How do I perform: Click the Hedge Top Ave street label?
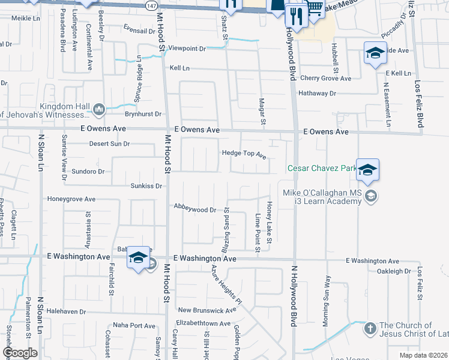tap(244, 154)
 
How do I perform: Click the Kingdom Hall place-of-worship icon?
tap(98, 109)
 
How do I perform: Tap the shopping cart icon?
tap(315, 7)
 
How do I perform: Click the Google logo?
tap(20, 353)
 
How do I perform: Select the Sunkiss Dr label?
tap(146, 186)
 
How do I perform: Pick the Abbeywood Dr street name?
tap(194, 209)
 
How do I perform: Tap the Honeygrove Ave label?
tap(71, 199)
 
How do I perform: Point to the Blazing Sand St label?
tap(226, 230)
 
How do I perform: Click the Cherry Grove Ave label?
tap(325, 79)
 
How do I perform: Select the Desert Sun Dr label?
tap(109, 144)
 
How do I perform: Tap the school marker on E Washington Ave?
tap(138, 259)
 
